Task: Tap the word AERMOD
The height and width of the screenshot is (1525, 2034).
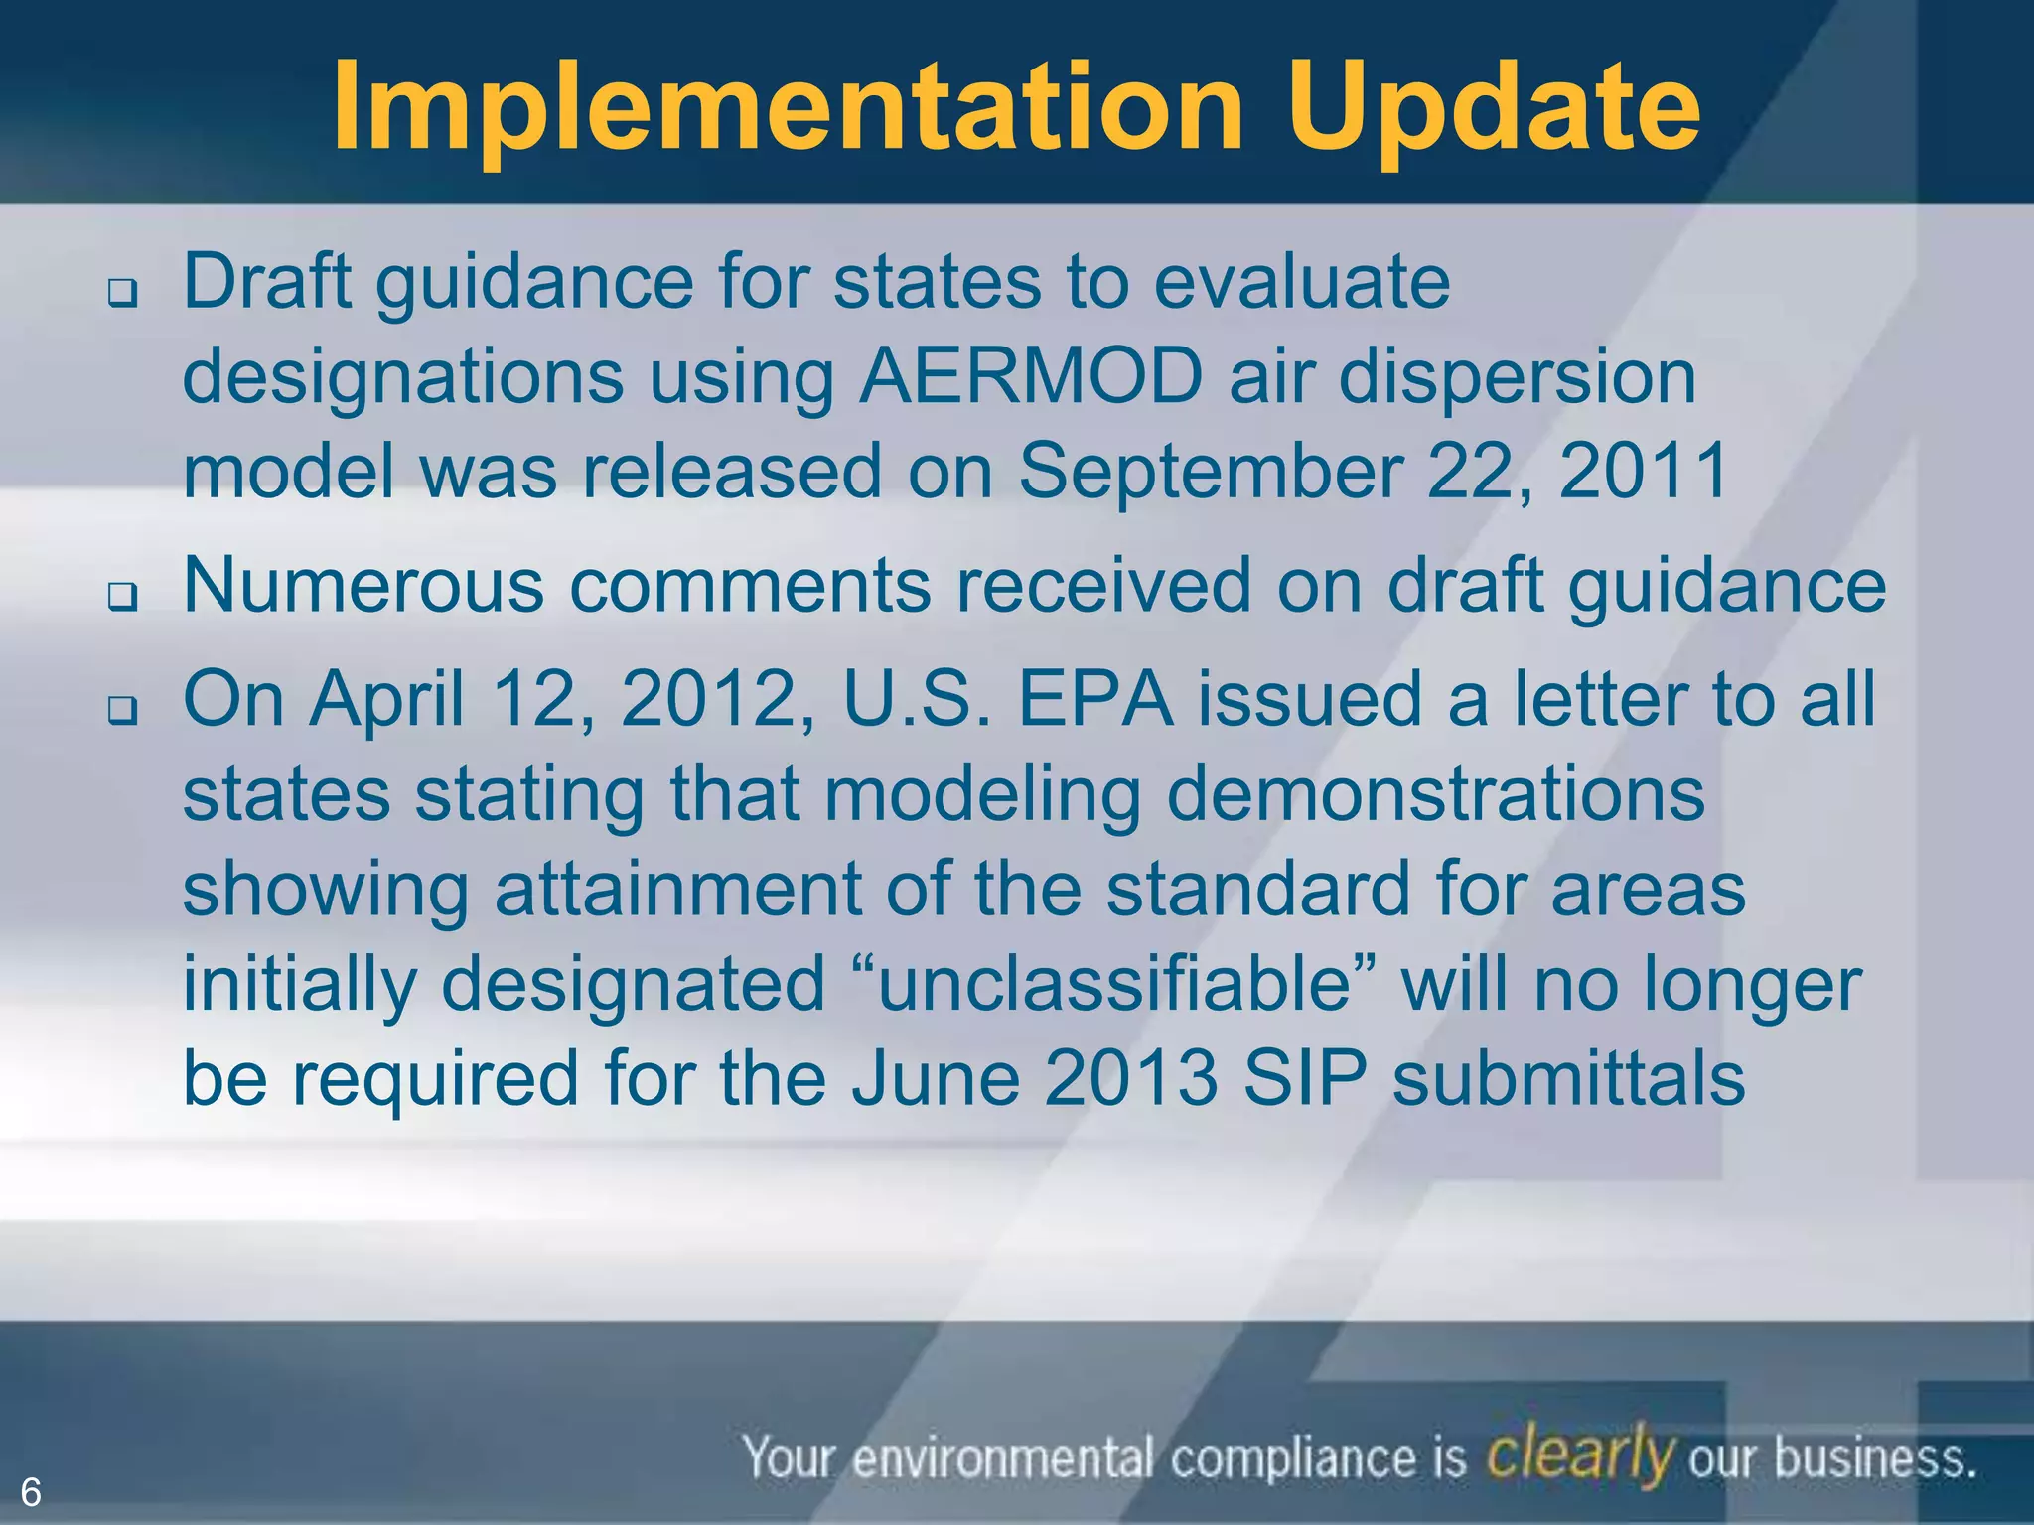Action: point(1030,377)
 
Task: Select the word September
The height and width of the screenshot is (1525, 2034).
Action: point(1210,471)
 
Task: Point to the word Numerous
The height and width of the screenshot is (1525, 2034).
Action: point(363,585)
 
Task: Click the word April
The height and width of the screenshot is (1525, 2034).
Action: point(386,701)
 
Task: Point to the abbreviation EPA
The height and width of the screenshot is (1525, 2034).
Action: point(1094,699)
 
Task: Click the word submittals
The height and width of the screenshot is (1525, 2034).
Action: point(1568,1078)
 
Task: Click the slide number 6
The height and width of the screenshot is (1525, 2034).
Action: point(31,1492)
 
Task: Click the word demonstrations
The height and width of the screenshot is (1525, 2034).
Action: point(1435,794)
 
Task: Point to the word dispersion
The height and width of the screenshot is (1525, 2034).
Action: point(1517,377)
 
